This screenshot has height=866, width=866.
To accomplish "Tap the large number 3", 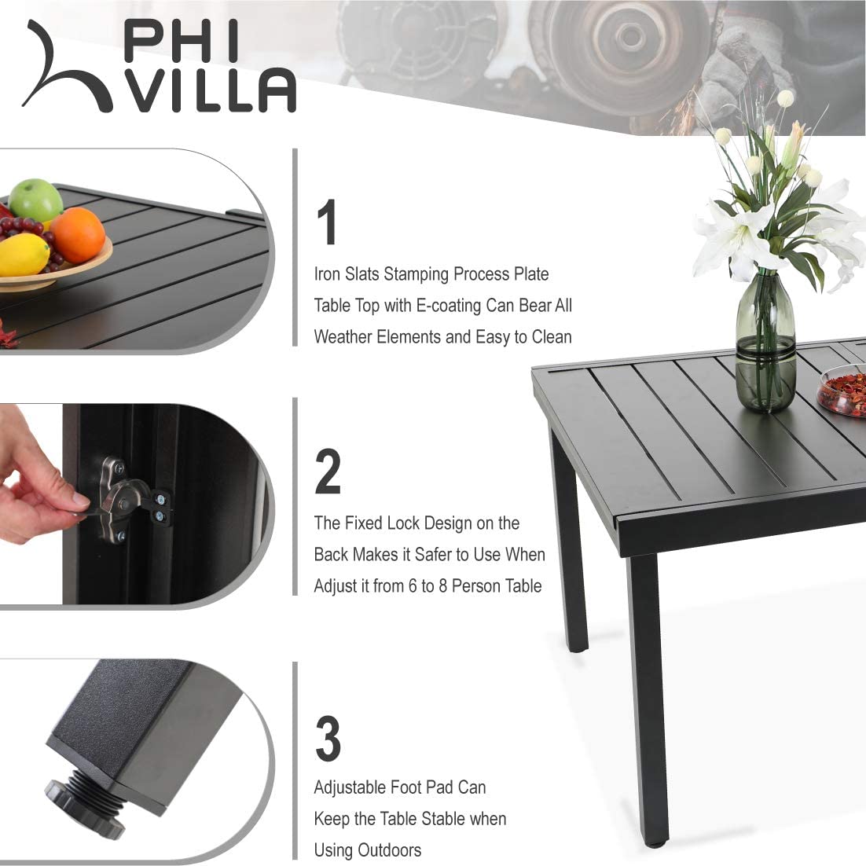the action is point(328,739).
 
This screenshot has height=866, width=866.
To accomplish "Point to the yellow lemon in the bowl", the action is point(24,254).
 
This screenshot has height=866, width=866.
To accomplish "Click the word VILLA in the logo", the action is point(213,92).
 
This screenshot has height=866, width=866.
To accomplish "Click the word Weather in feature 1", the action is point(343,337).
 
